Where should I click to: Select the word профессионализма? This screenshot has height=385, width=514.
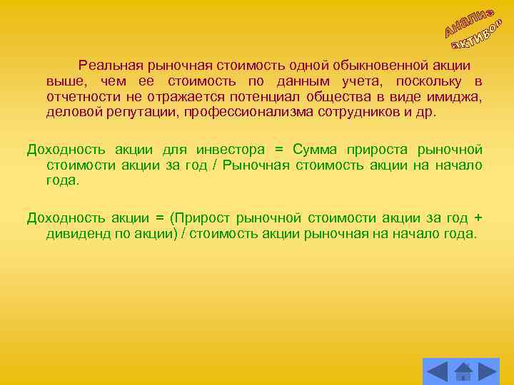pyautogui.click(x=232, y=112)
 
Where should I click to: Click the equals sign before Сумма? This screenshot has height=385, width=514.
pyautogui.click(x=278, y=150)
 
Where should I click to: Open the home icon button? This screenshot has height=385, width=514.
pyautogui.click(x=463, y=371)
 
